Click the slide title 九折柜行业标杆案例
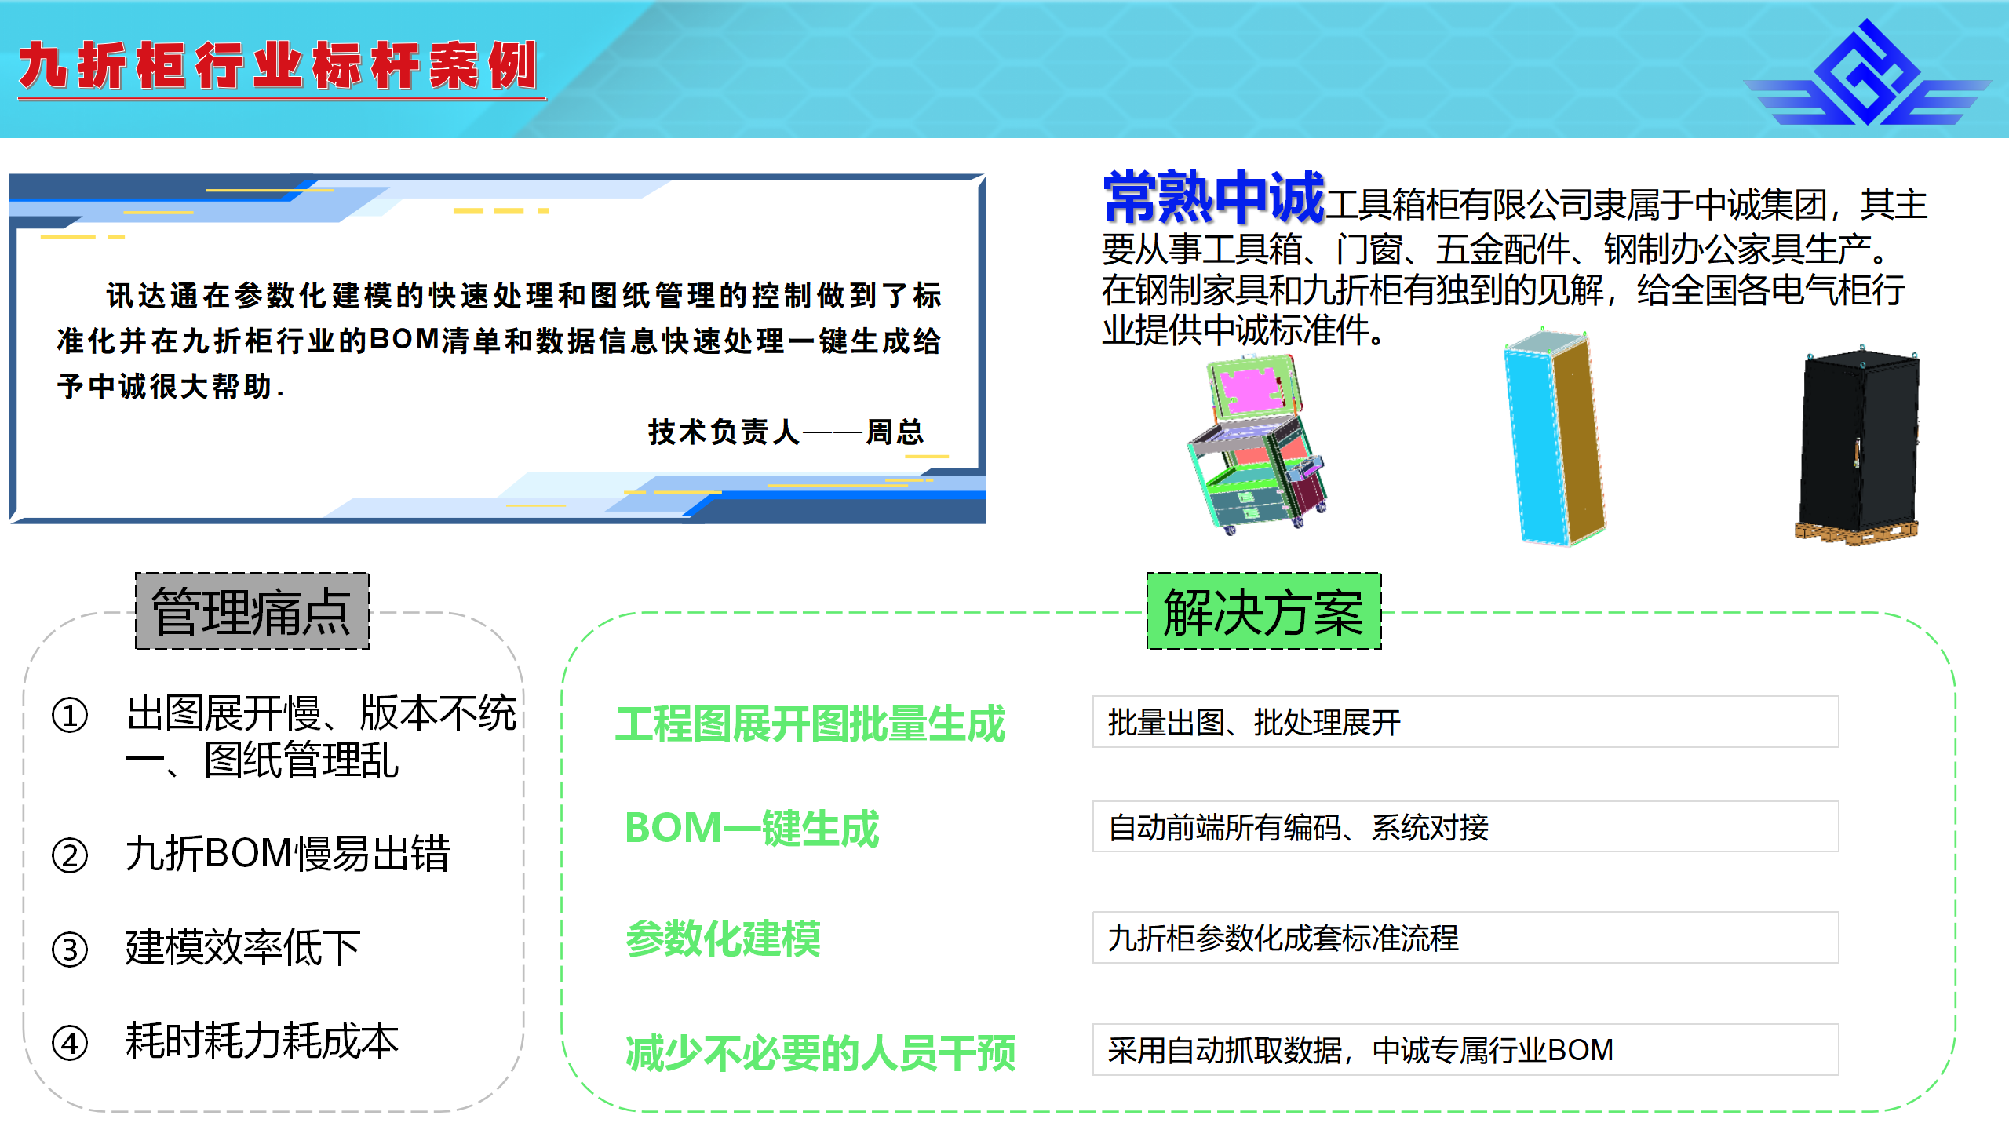[279, 66]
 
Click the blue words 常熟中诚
[1214, 197]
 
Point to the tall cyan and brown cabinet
[1554, 436]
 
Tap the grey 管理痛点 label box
[252, 611]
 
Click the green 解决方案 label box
[1263, 611]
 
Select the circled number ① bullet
[70, 716]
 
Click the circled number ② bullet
[70, 855]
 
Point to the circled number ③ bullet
[70, 950]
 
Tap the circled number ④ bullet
[70, 1044]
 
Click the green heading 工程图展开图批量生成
[810, 724]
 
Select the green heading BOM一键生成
[752, 828]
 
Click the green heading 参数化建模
[723, 939]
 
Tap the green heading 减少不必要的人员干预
[820, 1052]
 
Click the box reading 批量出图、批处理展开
[1465, 722]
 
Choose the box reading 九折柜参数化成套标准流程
[1465, 938]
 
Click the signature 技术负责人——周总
[786, 432]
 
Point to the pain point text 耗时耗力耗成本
[262, 1041]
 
